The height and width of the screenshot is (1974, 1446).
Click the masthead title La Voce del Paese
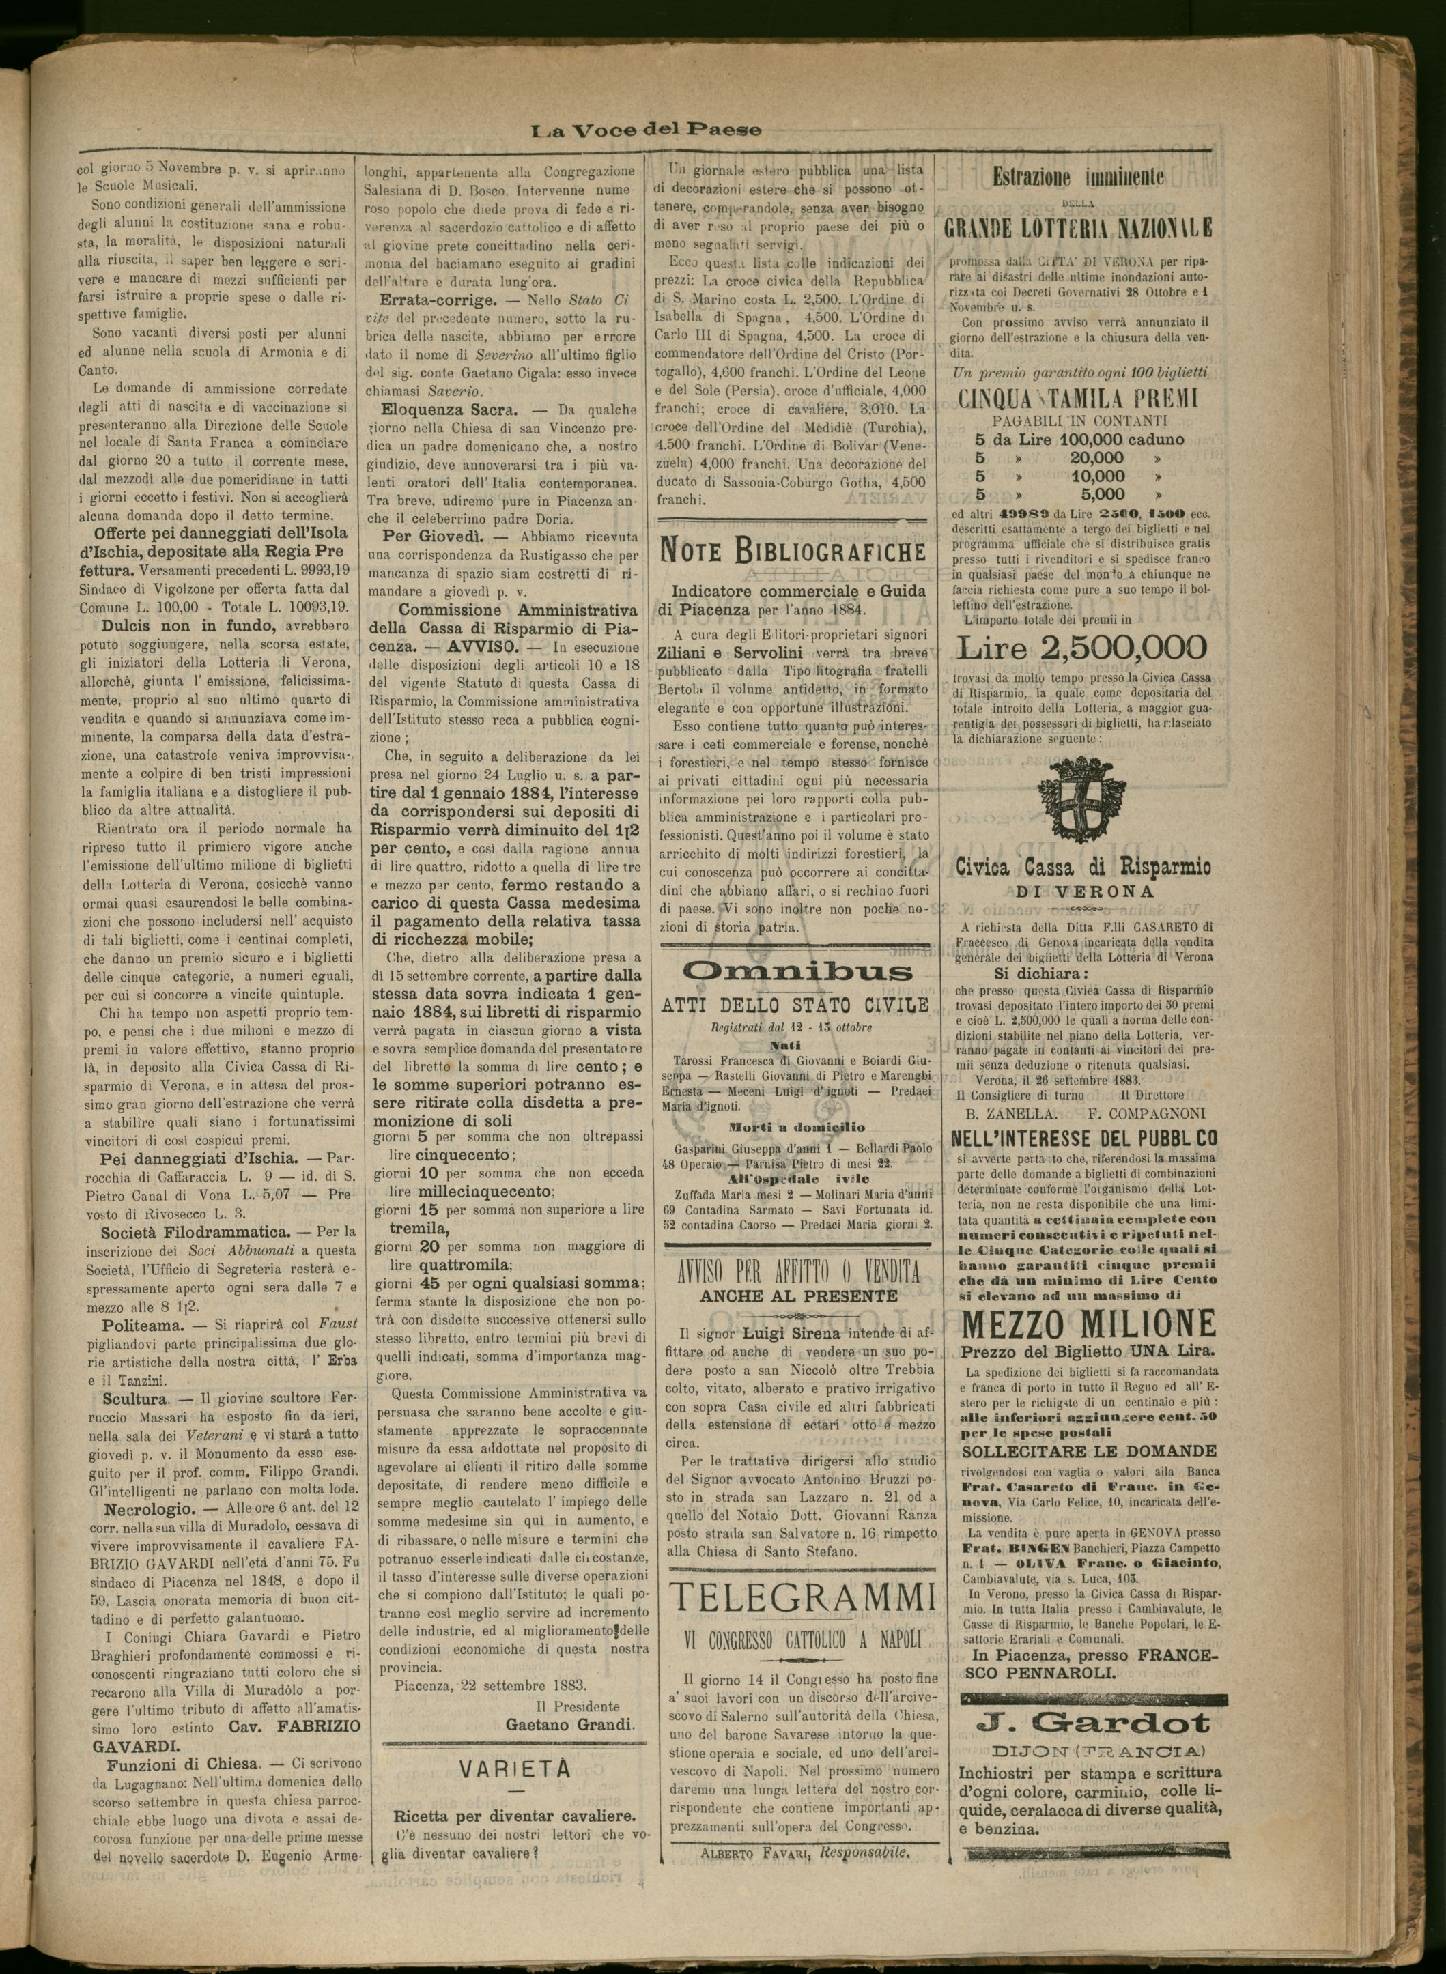tap(647, 130)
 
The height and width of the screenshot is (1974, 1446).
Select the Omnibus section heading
tap(797, 972)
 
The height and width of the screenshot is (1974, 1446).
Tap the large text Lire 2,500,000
tap(1082, 648)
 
